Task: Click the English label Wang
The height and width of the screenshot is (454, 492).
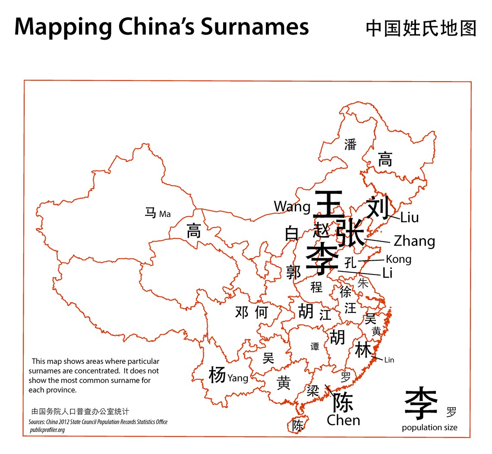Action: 292,207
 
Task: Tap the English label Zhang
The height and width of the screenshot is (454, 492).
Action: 414,241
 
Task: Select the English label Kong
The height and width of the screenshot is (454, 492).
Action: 398,259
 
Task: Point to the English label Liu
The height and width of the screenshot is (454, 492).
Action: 409,218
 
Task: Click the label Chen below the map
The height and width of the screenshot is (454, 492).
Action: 343,420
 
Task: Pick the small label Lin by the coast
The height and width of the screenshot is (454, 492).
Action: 389,360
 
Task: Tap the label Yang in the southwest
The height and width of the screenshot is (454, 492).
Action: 238,378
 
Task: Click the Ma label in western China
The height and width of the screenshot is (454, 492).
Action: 165,214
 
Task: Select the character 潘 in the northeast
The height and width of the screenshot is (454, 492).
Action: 350,145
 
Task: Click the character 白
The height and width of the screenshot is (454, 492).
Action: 292,233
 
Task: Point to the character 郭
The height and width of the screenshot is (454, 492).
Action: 294,272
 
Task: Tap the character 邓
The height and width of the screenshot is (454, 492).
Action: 242,312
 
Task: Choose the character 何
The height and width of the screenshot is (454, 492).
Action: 262,312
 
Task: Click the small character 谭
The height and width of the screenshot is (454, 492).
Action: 315,347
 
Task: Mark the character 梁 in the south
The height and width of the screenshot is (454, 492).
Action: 312,391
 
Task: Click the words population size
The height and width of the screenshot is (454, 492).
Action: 429,428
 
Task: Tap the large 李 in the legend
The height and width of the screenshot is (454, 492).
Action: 421,403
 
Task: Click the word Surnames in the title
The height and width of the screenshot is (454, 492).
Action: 254,27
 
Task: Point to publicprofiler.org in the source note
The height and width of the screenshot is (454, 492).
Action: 47,430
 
